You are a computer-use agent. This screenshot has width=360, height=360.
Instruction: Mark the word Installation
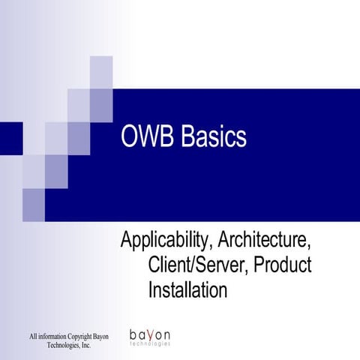coord(187,289)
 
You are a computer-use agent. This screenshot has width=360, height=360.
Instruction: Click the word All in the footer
coord(33,335)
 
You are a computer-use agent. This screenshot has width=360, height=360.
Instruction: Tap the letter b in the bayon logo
coord(133,334)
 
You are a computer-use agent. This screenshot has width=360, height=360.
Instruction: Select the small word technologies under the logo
coord(150,344)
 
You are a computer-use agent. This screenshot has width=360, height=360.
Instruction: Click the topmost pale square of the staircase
coord(101,72)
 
